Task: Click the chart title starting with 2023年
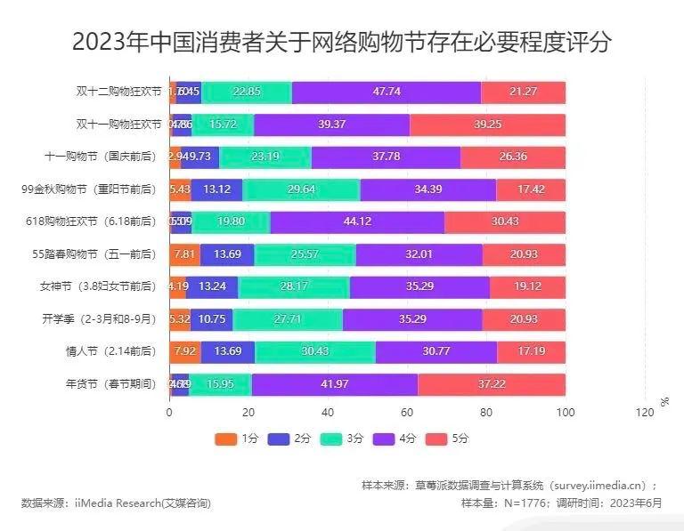coord(342,42)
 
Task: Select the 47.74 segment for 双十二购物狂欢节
coord(386,92)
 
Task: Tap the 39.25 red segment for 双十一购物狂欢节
coord(487,125)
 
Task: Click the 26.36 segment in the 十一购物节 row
coord(513,157)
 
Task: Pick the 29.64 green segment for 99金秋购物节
coord(302,189)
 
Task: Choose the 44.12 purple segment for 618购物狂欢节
coord(357,221)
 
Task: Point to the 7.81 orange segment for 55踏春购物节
coord(184,254)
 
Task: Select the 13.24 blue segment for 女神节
coord(212,286)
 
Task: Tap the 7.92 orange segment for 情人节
coord(184,351)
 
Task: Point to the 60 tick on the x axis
coord(407,412)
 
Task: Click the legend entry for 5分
coord(450,438)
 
